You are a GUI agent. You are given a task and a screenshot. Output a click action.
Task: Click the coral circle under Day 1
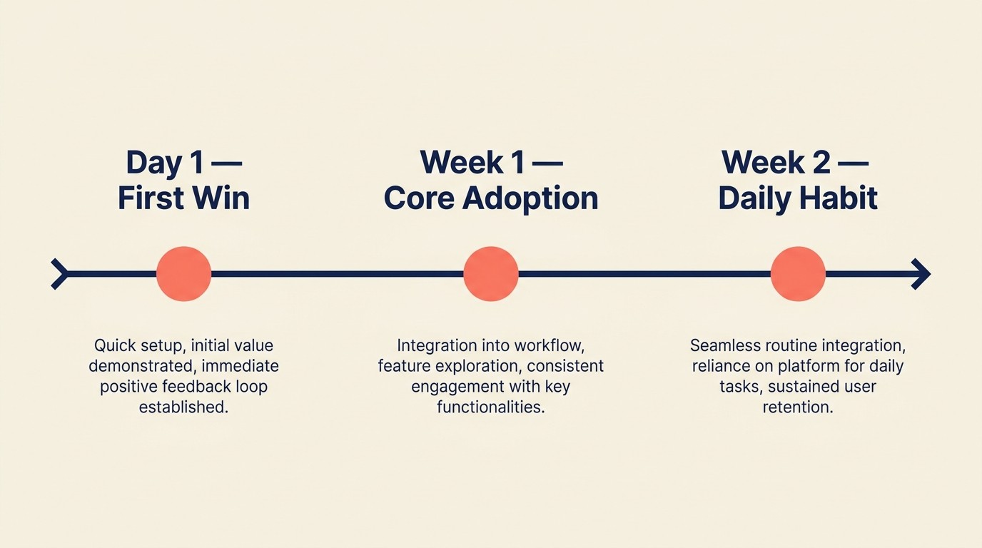pos(183,274)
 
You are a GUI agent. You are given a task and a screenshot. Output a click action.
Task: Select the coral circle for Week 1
pos(491,274)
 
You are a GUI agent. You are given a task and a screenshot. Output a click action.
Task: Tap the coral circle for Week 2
pos(798,274)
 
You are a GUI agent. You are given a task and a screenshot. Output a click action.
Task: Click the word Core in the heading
pos(417,198)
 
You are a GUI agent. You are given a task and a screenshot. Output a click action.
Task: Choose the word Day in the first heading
pos(154,163)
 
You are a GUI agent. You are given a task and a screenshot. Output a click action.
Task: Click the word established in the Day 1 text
pos(183,408)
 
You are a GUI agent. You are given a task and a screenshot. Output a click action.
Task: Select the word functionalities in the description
pos(491,408)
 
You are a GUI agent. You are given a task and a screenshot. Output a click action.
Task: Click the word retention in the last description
pos(798,408)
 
